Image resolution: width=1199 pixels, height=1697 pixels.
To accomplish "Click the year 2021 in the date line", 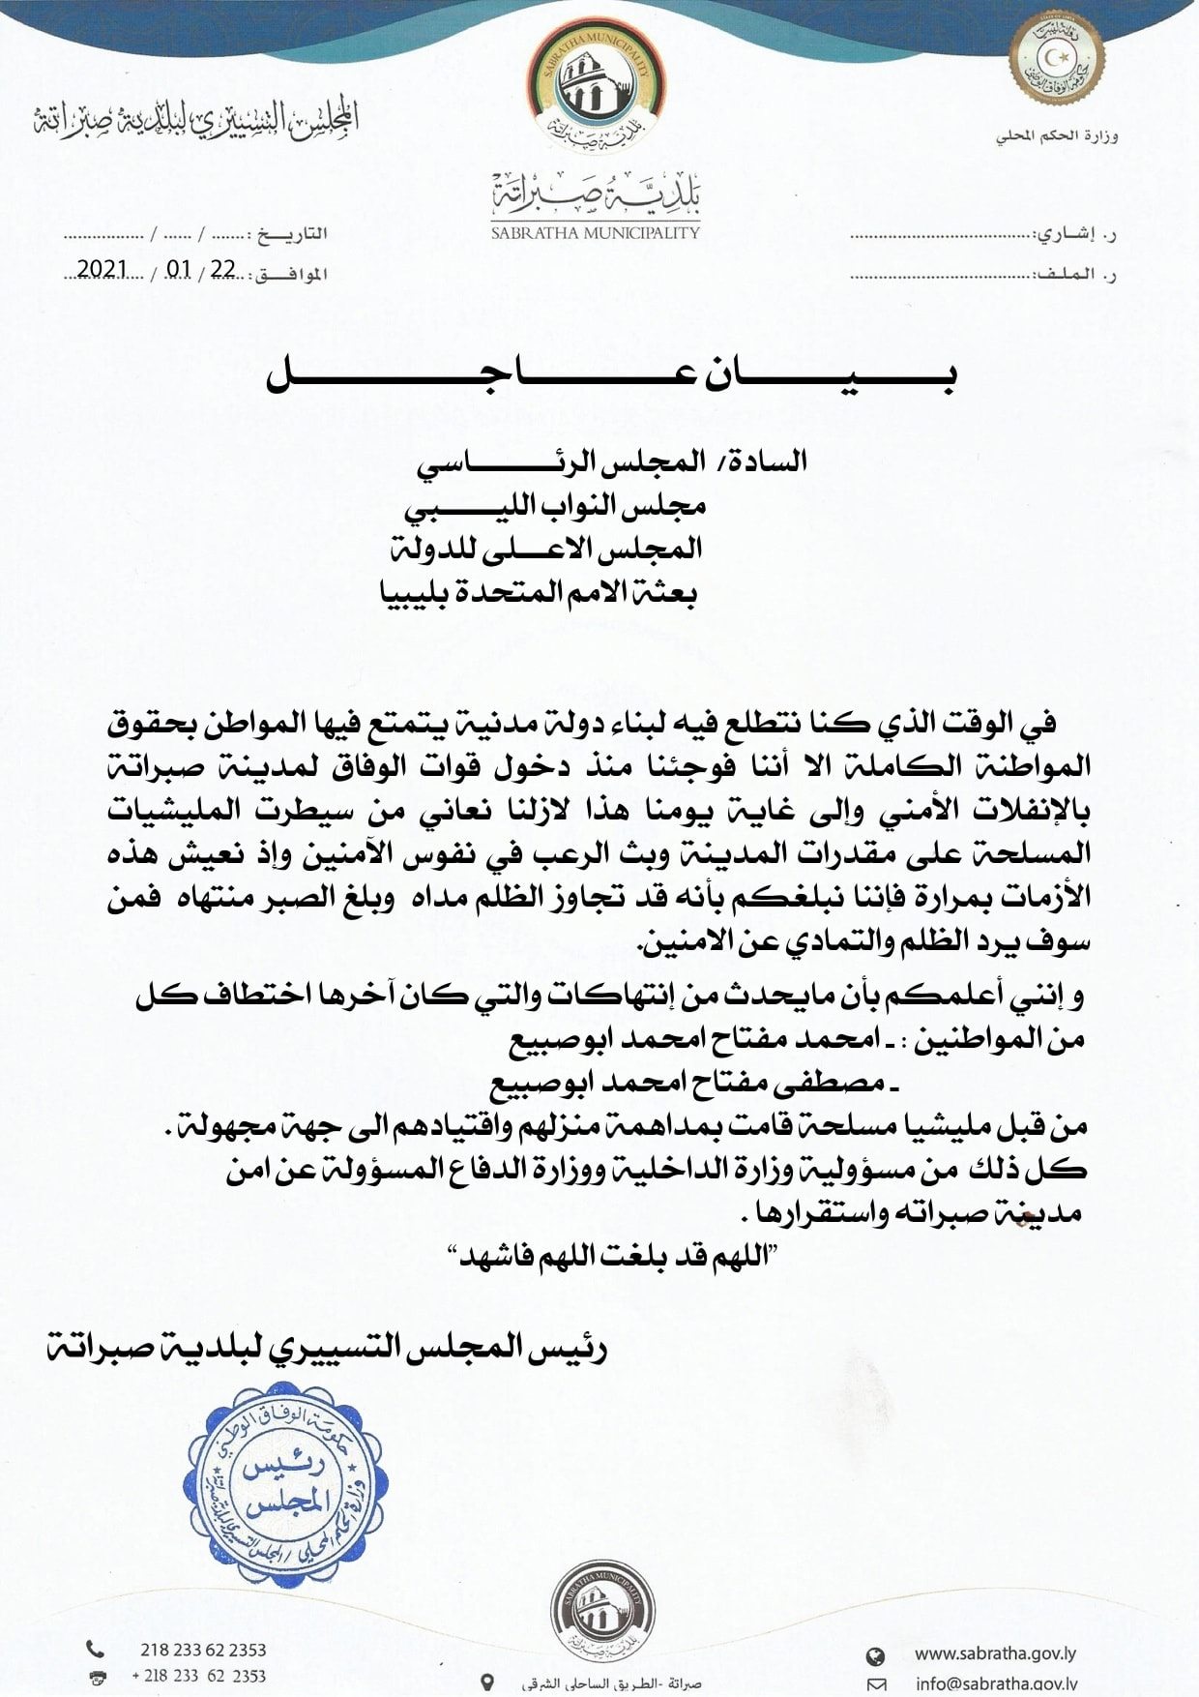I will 102,269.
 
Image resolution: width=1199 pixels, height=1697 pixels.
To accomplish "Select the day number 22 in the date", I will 222,269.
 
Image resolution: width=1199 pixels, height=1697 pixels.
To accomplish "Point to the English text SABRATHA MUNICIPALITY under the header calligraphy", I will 595,232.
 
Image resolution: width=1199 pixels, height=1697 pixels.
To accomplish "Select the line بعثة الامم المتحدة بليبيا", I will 538,591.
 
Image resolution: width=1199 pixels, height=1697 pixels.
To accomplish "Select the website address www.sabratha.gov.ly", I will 995,1653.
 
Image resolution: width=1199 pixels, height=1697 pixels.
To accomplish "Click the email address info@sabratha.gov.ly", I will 996,1683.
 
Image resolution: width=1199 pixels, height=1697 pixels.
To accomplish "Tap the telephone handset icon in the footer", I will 96,1649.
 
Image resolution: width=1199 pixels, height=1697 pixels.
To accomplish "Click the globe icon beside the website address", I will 875,1655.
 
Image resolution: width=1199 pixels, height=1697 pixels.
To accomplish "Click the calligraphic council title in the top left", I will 196,119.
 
